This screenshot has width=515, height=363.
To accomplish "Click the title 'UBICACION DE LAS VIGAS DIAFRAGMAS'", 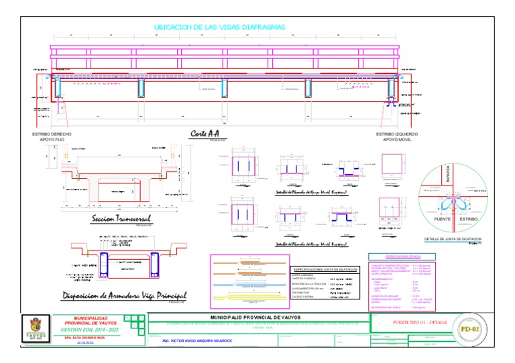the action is coord(220,27).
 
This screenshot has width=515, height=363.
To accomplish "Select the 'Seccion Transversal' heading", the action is coord(121,219).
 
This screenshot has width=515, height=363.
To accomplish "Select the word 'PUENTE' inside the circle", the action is coord(443,220).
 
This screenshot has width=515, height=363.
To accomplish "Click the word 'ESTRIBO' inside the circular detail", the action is coord(467,220).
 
